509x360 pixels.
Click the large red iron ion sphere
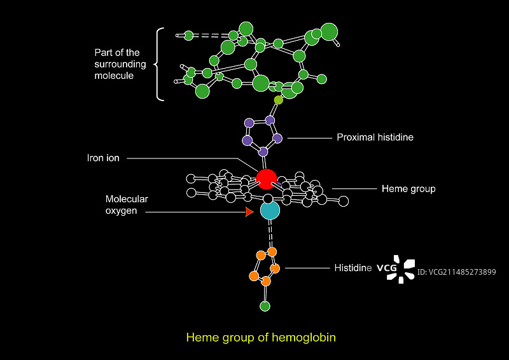tap(267, 179)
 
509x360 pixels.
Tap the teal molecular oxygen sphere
tap(270, 210)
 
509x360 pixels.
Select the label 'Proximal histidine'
tap(375, 137)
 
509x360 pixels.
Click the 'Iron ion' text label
tap(103, 158)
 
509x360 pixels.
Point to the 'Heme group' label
tap(408, 189)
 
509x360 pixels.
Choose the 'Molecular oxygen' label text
tap(126, 205)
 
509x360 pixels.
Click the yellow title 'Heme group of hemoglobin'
tap(260, 337)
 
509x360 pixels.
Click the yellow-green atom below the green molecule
tap(278, 100)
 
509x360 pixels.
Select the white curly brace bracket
tap(160, 64)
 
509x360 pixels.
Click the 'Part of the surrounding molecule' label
tap(120, 64)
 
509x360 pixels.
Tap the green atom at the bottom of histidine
tap(265, 307)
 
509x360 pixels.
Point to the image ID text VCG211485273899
tap(456, 272)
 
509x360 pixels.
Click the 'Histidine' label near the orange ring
tap(353, 268)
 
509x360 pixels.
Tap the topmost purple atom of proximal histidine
tap(270, 120)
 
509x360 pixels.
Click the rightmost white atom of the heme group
tap(344, 202)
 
